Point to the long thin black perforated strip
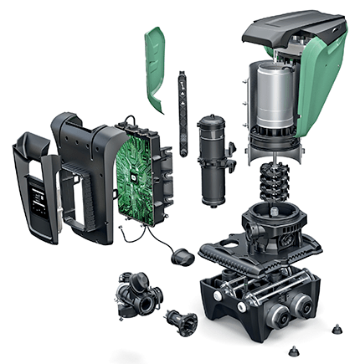(x=182, y=109)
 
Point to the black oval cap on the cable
(x=180, y=258)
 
